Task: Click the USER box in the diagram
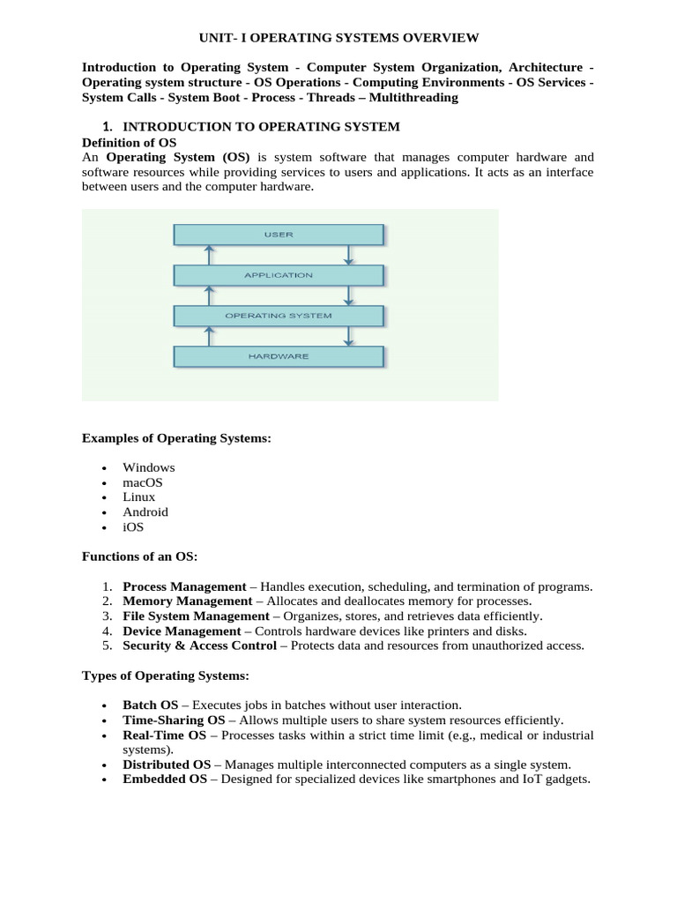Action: pyautogui.click(x=279, y=235)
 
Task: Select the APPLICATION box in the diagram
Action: pyautogui.click(x=279, y=275)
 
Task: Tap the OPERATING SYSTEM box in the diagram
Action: pyautogui.click(x=279, y=316)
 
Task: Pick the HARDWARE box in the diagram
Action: pyautogui.click(x=279, y=356)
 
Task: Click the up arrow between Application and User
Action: pyautogui.click(x=209, y=255)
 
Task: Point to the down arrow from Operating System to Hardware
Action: pyautogui.click(x=349, y=336)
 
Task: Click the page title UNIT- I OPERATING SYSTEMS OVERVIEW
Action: pyautogui.click(x=338, y=38)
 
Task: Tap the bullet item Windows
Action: pyautogui.click(x=149, y=467)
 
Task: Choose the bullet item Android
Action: pyautogui.click(x=145, y=512)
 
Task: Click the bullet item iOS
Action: pyautogui.click(x=133, y=527)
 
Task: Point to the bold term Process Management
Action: pyautogui.click(x=184, y=586)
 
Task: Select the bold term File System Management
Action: pyautogui.click(x=196, y=616)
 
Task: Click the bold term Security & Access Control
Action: pyautogui.click(x=199, y=646)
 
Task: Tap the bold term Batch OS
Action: pyautogui.click(x=151, y=705)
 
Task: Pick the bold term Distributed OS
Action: pyautogui.click(x=167, y=765)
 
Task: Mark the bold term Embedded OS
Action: pyautogui.click(x=165, y=780)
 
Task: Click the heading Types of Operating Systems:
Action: pyautogui.click(x=166, y=676)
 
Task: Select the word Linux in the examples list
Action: pyautogui.click(x=139, y=497)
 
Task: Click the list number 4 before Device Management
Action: pyautogui.click(x=106, y=631)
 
